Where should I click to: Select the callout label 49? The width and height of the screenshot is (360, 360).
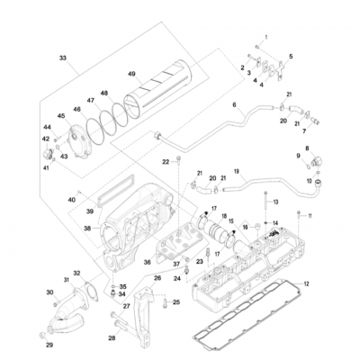pos(132,74)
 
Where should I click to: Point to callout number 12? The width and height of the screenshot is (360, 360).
pos(306,284)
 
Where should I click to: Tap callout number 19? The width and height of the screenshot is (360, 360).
pos(236,170)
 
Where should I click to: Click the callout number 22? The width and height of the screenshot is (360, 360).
pos(166,161)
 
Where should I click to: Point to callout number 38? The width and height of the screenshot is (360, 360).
pos(88,229)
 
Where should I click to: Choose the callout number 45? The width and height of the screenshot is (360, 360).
pos(61,115)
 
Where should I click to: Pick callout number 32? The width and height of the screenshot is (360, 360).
pos(77,274)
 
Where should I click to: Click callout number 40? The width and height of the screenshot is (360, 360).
pos(71,198)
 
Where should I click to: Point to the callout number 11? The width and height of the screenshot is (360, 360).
pos(310,216)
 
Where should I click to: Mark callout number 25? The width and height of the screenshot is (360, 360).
pos(177,302)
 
